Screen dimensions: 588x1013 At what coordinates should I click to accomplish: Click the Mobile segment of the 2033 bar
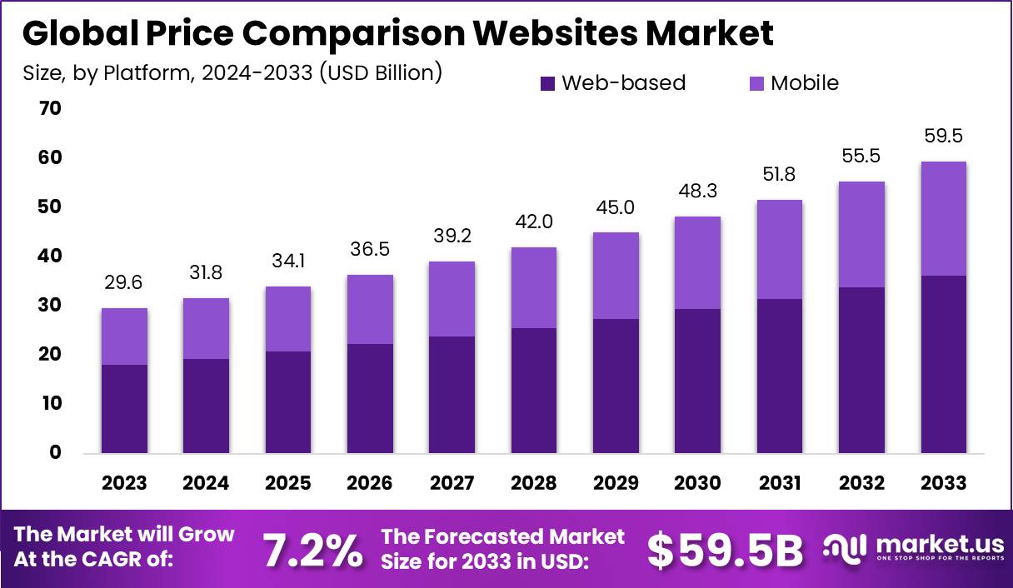pyautogui.click(x=944, y=218)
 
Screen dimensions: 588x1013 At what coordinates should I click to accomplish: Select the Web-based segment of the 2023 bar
pyautogui.click(x=124, y=409)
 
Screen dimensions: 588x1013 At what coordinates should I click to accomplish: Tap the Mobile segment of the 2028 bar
pyautogui.click(x=534, y=287)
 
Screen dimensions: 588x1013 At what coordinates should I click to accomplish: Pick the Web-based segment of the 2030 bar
pyautogui.click(x=698, y=381)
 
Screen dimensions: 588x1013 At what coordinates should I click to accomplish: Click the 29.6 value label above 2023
pyautogui.click(x=124, y=283)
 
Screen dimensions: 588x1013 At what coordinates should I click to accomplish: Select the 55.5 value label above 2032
pyautogui.click(x=861, y=156)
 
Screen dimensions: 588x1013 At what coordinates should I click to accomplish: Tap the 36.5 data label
pyautogui.click(x=370, y=248)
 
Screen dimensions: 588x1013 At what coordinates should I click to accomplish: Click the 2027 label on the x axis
pyautogui.click(x=452, y=483)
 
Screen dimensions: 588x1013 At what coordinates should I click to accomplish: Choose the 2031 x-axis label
pyautogui.click(x=780, y=483)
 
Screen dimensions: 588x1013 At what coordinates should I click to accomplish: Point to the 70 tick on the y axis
pyautogui.click(x=49, y=108)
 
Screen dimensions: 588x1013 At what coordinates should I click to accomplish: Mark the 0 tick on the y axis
pyautogui.click(x=55, y=452)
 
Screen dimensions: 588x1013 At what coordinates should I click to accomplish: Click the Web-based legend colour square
pyautogui.click(x=547, y=83)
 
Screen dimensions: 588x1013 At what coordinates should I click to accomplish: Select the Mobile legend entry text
pyautogui.click(x=804, y=83)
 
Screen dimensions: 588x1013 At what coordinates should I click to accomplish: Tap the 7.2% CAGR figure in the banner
pyautogui.click(x=312, y=549)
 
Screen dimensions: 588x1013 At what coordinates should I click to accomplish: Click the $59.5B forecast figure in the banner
pyautogui.click(x=725, y=549)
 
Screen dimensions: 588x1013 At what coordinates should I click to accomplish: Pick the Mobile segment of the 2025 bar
pyautogui.click(x=288, y=319)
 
